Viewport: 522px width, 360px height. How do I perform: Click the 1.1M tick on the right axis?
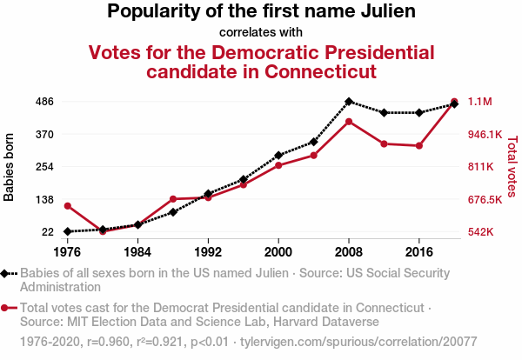pyautogui.click(x=480, y=102)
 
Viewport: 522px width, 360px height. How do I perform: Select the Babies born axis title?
pyautogui.click(x=10, y=167)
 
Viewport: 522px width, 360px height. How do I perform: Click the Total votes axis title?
pyautogui.click(x=512, y=167)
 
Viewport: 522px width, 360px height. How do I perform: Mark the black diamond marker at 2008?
pyautogui.click(x=349, y=102)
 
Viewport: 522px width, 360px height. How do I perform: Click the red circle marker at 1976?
pyautogui.click(x=67, y=205)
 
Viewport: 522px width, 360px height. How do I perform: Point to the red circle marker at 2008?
pyautogui.click(x=349, y=121)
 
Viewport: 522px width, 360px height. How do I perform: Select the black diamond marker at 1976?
pyautogui.click(x=67, y=231)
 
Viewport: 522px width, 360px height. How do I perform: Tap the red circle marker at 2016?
pyautogui.click(x=419, y=145)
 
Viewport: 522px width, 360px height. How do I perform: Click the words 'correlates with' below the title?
pyautogui.click(x=261, y=32)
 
